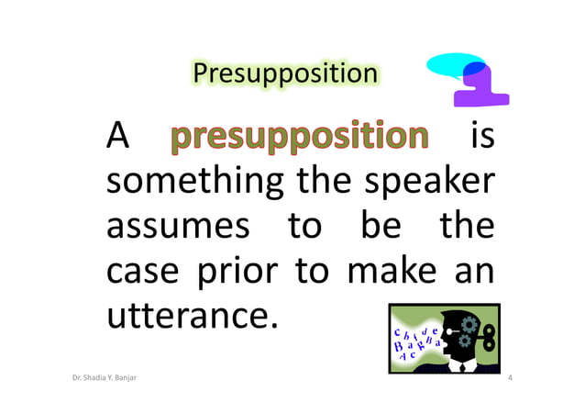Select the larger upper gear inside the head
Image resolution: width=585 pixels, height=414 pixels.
pos(469,325)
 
